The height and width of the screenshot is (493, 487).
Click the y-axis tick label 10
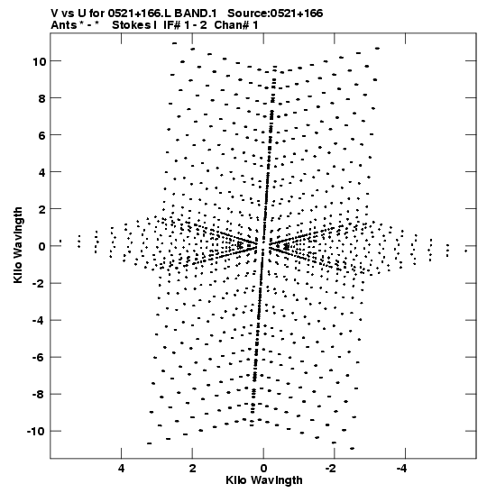pos(40,61)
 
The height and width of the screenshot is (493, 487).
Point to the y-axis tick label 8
pos(42,98)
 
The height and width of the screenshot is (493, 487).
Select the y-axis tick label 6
pos(42,135)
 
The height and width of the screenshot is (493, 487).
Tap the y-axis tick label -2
pos(40,284)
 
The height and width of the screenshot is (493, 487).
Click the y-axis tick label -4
pos(40,320)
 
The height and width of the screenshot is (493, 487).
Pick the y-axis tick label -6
pos(40,358)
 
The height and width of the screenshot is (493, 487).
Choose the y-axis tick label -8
pos(40,395)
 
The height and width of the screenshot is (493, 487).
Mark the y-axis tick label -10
pos(36,432)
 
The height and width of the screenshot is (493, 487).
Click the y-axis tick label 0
pos(42,247)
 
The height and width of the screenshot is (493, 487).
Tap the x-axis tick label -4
pos(402,469)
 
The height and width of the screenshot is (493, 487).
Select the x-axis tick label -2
pos(331,469)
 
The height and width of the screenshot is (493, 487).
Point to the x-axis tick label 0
pos(263,469)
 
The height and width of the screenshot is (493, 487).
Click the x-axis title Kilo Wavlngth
pos(264,480)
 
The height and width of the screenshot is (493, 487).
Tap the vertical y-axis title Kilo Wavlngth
pos(18,245)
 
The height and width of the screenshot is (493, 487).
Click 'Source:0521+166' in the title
pos(275,14)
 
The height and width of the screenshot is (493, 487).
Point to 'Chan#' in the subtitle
pos(232,25)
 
